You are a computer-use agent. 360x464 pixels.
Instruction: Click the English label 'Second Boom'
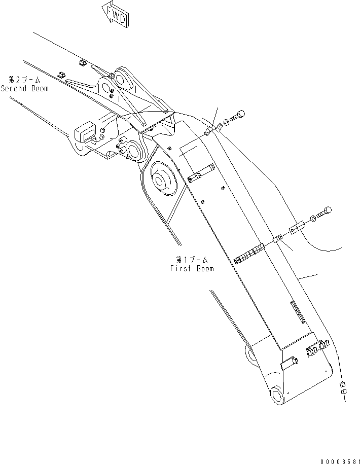pos(25,88)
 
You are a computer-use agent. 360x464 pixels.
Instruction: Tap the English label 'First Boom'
pos(192,269)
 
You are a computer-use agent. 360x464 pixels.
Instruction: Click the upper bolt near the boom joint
pos(236,117)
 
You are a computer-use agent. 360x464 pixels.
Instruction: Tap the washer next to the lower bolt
pos(313,218)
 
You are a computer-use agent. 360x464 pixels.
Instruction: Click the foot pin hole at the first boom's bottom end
pos(276,395)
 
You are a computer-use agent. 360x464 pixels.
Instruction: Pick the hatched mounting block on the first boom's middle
pos(250,254)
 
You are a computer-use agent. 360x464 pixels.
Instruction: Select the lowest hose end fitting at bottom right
pos(343,392)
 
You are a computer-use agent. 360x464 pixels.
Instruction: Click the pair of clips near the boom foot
pos(317,348)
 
